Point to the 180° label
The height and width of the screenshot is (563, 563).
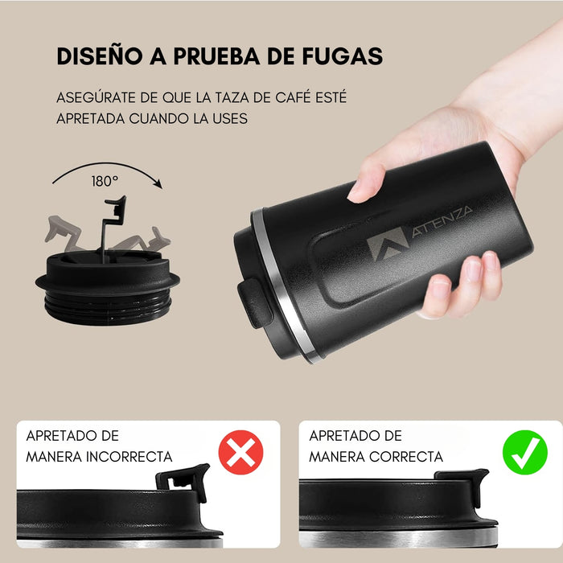[x=105, y=181]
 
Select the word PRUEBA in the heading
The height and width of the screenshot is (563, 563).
[x=224, y=56]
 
